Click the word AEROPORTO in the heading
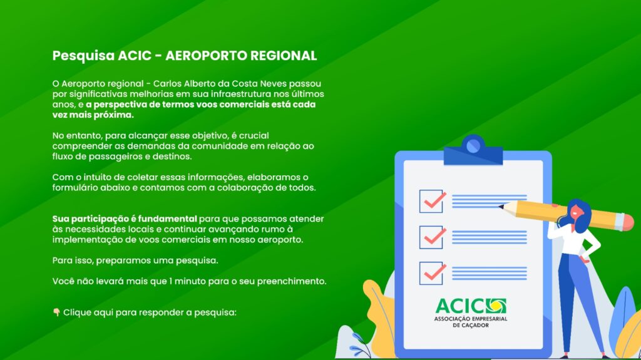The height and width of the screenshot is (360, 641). click(x=205, y=56)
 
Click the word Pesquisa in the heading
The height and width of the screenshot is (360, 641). click(x=83, y=56)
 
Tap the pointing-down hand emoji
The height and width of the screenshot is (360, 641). click(x=56, y=312)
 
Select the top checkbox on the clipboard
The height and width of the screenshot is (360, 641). click(x=432, y=201)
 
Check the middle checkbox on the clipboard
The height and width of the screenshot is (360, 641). click(x=432, y=237)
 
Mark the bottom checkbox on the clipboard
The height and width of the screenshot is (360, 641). click(x=432, y=273)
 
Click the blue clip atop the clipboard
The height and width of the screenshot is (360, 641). click(x=473, y=150)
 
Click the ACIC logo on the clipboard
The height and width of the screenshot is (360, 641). click(x=471, y=312)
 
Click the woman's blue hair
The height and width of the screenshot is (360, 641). click(x=579, y=215)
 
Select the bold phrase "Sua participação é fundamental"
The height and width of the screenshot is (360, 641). click(x=125, y=219)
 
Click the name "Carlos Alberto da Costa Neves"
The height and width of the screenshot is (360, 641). click(x=220, y=83)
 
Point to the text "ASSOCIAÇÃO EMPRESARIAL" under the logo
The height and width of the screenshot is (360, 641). click(x=471, y=319)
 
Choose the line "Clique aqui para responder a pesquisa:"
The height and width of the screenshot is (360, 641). click(x=150, y=312)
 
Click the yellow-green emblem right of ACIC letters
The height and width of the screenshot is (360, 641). click(x=496, y=306)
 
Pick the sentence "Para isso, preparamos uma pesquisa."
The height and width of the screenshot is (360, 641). click(x=135, y=260)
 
